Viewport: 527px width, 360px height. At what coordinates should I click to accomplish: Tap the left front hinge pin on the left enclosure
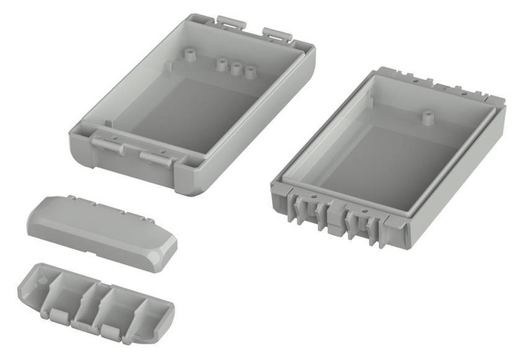(106, 142)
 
